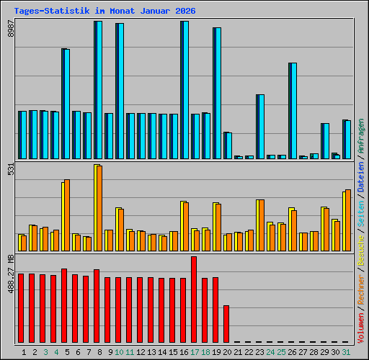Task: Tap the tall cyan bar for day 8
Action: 99,90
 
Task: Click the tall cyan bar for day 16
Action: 185,90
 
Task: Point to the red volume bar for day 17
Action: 194,300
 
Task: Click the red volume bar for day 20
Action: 226,324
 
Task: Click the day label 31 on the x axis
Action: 347,352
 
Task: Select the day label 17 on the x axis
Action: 195,352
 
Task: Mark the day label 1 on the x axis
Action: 25,352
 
